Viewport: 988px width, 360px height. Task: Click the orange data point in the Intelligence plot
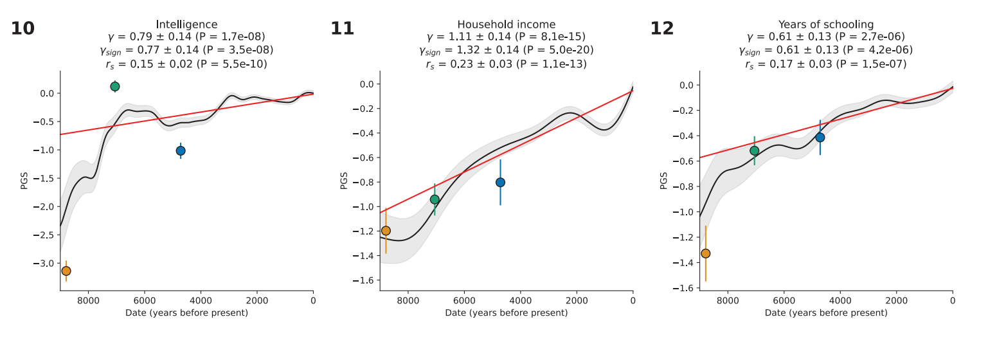click(66, 271)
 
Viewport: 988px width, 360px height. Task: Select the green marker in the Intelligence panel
click(115, 86)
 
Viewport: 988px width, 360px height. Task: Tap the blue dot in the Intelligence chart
click(181, 150)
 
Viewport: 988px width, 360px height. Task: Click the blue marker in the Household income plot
click(500, 183)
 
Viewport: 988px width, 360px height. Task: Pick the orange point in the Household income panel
click(386, 231)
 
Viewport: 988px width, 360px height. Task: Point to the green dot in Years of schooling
click(755, 150)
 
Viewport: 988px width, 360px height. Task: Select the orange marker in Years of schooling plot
click(705, 253)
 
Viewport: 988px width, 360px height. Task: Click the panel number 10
click(22, 29)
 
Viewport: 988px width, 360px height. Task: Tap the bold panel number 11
click(342, 29)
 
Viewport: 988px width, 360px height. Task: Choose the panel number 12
click(662, 29)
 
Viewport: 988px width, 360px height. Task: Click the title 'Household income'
click(507, 24)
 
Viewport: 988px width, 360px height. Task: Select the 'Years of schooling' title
click(826, 24)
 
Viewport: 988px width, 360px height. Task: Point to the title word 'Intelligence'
click(187, 24)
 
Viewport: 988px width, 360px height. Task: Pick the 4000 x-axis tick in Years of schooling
click(840, 300)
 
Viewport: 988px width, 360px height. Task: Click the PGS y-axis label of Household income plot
click(344, 181)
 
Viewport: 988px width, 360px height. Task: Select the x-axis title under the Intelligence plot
click(187, 313)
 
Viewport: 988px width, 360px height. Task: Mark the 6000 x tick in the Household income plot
click(464, 300)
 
